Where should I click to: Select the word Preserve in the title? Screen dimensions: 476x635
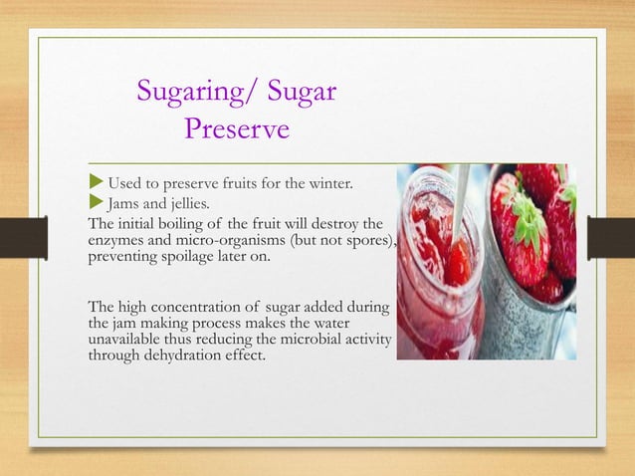237,129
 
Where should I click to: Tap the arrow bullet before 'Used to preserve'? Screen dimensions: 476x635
96,183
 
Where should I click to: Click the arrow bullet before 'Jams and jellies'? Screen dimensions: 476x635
96,203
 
